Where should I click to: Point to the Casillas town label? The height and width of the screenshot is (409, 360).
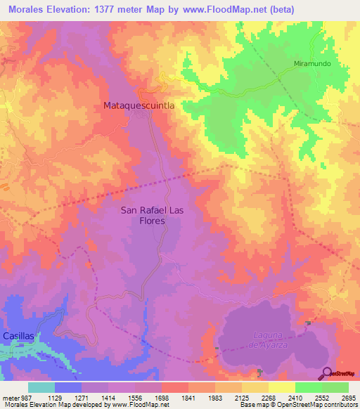pyautogui.click(x=18, y=337)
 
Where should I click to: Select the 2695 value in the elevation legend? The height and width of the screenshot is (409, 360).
pyautogui.click(x=348, y=396)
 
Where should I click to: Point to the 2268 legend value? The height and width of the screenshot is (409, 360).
pyautogui.click(x=269, y=396)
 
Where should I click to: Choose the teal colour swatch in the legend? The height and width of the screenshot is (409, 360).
pyautogui.click(x=41, y=387)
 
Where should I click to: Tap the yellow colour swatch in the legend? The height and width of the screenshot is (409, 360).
pyautogui.click(x=282, y=387)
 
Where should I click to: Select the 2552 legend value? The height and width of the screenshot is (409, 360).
pyautogui.click(x=321, y=396)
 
